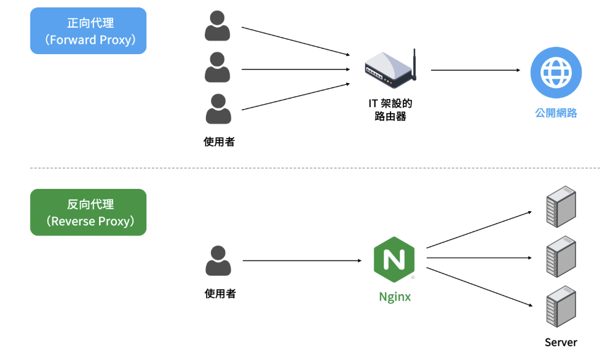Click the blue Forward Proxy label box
[x=88, y=31]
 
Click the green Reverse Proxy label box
[x=88, y=212]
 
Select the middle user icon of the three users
[x=218, y=68]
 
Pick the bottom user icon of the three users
[x=218, y=109]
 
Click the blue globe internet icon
[x=556, y=73]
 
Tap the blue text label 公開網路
[x=556, y=113]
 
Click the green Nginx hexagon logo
[x=394, y=259]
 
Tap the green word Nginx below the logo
[x=395, y=297]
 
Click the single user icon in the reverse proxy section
[x=218, y=261]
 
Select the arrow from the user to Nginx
[x=301, y=261]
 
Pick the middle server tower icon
[x=561, y=257]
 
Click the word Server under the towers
[x=561, y=342]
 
